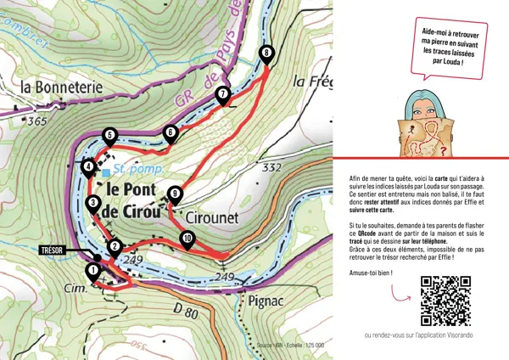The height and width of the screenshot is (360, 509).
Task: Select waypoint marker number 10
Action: (x=187, y=241)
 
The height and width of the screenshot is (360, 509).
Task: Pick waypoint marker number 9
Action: (x=175, y=194)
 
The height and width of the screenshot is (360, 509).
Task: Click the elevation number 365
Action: (x=36, y=121)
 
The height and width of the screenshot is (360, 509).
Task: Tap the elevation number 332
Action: (x=271, y=168)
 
